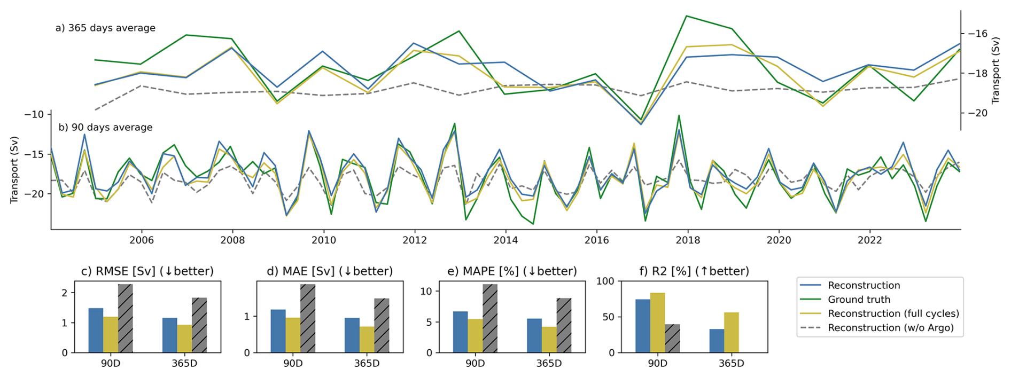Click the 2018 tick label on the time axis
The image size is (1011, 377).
(687, 240)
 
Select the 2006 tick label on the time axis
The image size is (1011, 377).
(141, 240)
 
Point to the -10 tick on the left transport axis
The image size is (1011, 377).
(33, 114)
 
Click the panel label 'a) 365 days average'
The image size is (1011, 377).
(105, 28)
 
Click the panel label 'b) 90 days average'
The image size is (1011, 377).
(105, 127)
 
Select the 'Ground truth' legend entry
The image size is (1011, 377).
(859, 300)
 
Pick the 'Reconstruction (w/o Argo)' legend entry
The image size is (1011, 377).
(890, 328)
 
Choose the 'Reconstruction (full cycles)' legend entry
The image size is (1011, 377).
(893, 313)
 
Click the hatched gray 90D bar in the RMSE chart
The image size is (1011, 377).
(126, 318)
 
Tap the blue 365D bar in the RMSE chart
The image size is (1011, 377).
(169, 335)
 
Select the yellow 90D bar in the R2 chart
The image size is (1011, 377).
(657, 323)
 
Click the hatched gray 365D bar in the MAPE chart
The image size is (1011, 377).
(564, 325)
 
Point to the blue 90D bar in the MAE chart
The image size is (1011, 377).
(278, 331)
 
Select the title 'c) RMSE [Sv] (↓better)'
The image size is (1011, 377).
(147, 271)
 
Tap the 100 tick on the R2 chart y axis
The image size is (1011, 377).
(605, 281)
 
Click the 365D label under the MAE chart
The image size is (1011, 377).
(367, 364)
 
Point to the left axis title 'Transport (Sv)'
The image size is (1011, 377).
(14, 170)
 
